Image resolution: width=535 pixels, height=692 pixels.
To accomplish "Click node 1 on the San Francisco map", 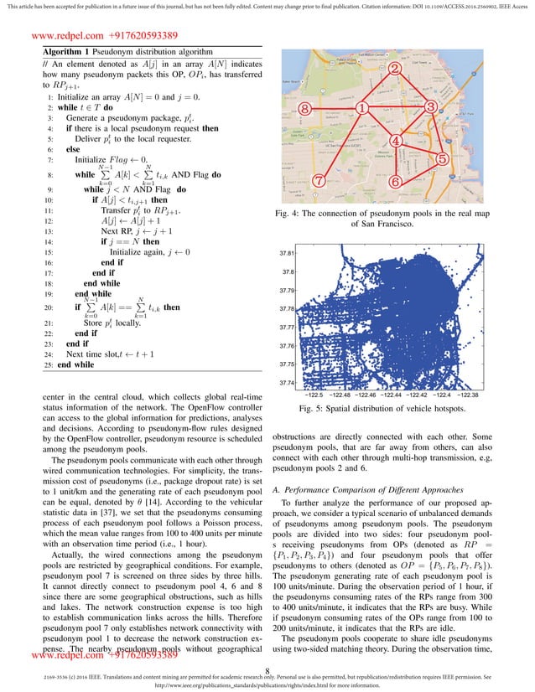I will coord(361,108).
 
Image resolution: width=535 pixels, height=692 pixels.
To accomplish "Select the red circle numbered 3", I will coord(430,106).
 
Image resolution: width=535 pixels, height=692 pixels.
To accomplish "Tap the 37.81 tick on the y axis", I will coord(287,253).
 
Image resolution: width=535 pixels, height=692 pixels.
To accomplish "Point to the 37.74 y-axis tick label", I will coord(287,384).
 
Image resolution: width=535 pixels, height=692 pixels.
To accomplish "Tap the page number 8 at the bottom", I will coord(267,669).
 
